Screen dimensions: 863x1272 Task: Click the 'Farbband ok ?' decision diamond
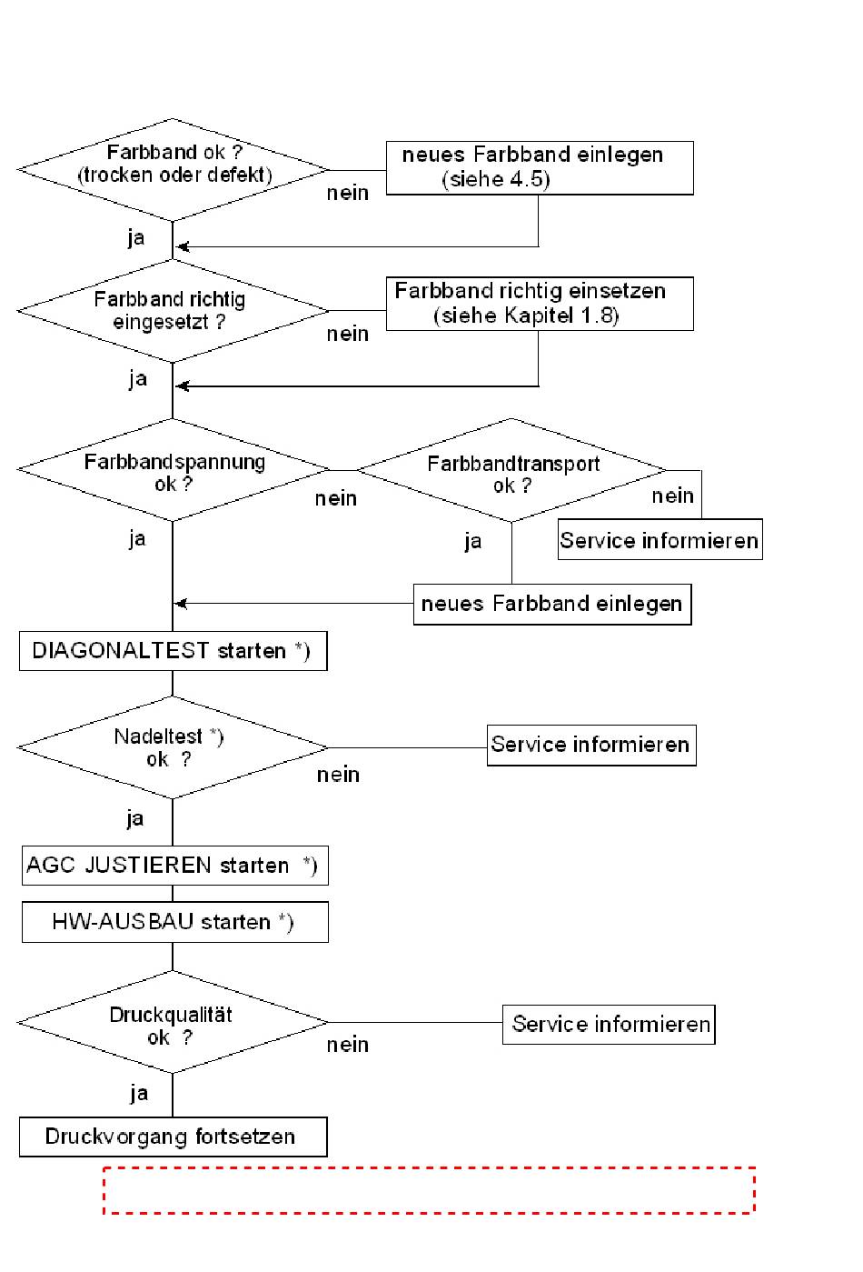click(173, 170)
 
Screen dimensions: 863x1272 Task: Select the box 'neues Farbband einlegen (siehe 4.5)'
click(540, 168)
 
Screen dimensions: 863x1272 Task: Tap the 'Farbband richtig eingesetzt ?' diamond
click(173, 311)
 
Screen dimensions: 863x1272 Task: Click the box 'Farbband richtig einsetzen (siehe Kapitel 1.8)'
click(540, 304)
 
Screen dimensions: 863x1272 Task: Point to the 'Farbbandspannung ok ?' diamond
click(173, 470)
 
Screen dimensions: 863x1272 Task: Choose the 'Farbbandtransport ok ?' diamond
click(511, 470)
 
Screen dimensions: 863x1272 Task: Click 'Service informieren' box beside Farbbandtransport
click(660, 539)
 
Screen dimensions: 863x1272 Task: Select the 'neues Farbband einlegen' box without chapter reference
click(552, 605)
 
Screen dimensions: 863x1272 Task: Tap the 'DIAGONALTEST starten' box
click(173, 651)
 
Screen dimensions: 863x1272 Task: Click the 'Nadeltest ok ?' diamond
click(173, 747)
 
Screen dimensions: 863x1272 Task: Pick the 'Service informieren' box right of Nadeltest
click(591, 745)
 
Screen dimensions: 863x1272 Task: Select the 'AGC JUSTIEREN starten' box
click(174, 866)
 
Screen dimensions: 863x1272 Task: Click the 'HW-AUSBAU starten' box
click(174, 922)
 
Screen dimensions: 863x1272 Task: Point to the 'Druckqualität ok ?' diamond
click(173, 1022)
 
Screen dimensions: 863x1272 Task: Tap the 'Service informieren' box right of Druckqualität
click(609, 1025)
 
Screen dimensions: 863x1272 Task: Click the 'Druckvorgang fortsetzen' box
click(173, 1137)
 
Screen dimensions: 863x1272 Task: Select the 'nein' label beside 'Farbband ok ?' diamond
click(347, 193)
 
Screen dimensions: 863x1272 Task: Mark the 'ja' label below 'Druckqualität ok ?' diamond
click(139, 1093)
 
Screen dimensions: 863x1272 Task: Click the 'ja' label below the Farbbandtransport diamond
click(472, 541)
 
